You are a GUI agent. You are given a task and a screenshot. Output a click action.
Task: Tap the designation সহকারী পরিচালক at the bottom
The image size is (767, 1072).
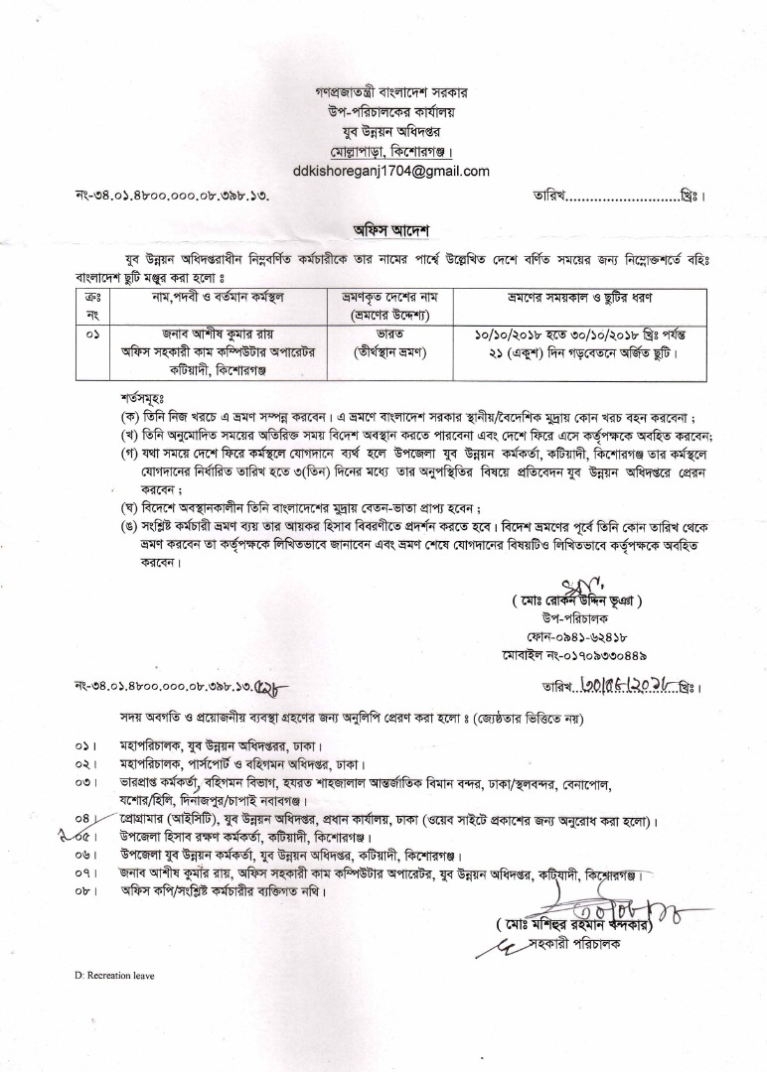point(596,945)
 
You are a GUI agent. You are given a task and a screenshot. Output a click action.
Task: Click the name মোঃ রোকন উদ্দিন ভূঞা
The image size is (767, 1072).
point(577,600)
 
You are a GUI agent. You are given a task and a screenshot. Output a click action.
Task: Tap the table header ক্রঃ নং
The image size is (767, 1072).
point(92,305)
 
